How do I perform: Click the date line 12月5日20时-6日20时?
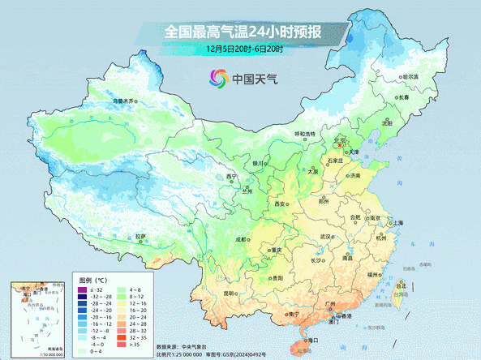click(244, 49)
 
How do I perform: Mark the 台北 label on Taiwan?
click(402, 285)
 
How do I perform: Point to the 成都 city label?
click(241, 239)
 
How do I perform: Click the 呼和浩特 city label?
click(304, 134)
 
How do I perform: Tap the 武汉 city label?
click(327, 237)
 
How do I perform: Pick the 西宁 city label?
click(232, 177)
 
